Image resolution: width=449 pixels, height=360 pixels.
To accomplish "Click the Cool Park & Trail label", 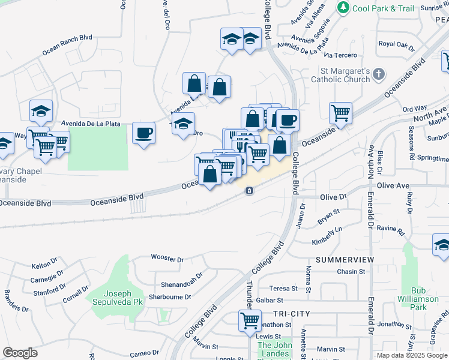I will pos(384,8).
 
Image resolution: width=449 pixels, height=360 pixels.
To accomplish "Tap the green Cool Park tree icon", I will pos(343,8).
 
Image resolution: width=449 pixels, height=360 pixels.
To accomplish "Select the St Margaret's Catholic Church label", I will pos(339,74).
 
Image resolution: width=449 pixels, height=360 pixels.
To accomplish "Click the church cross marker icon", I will pos(378,74).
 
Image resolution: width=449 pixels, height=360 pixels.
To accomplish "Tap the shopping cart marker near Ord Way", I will pos(340,112).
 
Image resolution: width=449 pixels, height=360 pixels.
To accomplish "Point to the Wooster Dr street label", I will pos(167,259).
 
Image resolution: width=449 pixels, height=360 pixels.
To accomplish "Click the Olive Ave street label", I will pos(394,186).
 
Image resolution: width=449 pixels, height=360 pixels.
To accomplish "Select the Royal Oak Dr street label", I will pos(397,44).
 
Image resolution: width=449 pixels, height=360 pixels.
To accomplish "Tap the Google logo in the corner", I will pos(20,353).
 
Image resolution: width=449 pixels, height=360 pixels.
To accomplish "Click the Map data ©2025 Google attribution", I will pos(412,355).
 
